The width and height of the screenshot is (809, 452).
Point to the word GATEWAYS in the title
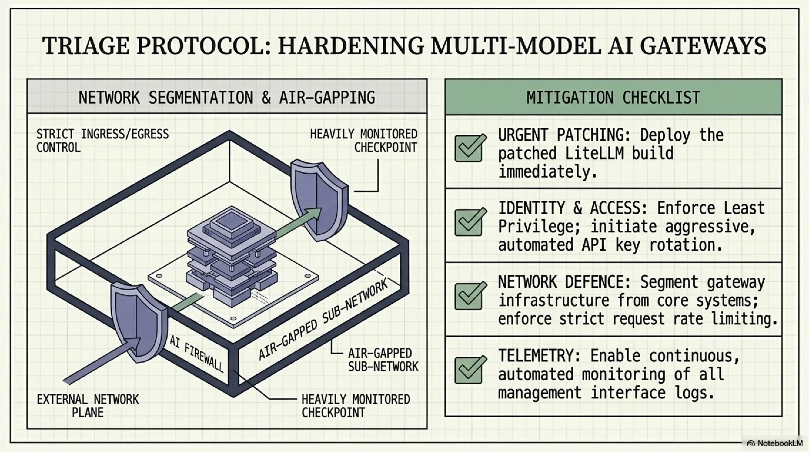tap(703, 46)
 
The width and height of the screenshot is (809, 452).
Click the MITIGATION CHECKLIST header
tap(613, 97)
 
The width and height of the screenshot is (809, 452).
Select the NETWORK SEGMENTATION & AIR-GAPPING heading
tap(227, 97)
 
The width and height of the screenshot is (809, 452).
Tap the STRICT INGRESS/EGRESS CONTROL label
tap(102, 140)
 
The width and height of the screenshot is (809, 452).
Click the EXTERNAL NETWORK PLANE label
tap(88, 406)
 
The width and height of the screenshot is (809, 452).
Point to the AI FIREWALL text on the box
tap(197, 354)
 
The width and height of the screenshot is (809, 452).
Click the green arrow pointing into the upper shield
tap(298, 222)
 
